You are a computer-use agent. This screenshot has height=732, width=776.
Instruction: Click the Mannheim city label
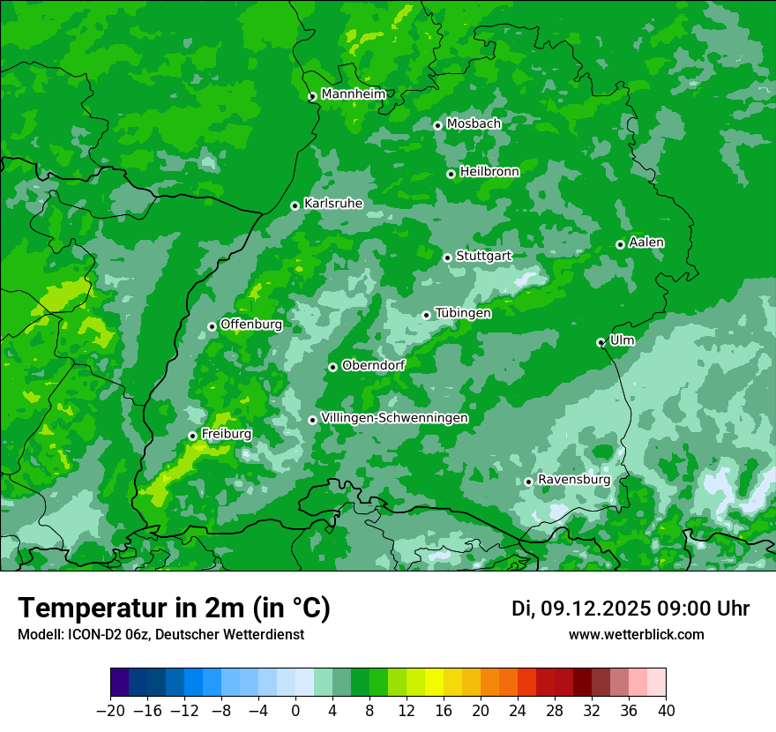(x=353, y=94)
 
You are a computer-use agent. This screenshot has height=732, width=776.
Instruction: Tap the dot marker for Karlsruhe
(x=295, y=206)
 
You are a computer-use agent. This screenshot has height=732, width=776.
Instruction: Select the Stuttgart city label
(x=483, y=256)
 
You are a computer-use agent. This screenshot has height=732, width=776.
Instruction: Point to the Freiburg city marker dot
(x=192, y=437)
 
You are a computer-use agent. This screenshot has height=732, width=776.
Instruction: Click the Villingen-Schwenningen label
(x=394, y=418)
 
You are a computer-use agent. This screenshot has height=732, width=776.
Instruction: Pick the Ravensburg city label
(x=573, y=480)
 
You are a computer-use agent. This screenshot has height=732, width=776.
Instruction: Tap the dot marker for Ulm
(x=601, y=342)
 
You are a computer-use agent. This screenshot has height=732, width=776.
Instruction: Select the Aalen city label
(x=646, y=243)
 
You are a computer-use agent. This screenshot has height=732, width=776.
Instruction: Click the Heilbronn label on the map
(x=489, y=172)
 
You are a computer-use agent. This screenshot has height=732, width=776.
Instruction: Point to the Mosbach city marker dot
(x=438, y=125)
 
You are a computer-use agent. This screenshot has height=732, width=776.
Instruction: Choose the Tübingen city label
(x=463, y=313)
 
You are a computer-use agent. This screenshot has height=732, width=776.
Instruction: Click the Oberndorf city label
(x=373, y=365)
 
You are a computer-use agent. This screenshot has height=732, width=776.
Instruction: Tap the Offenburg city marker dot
(x=213, y=326)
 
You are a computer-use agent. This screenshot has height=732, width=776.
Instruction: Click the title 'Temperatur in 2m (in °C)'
(x=175, y=609)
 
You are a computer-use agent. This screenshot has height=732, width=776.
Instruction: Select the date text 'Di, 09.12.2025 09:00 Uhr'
(x=630, y=609)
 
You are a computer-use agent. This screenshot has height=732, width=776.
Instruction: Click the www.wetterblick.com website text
(x=637, y=634)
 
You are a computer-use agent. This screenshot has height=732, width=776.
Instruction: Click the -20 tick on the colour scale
(x=110, y=711)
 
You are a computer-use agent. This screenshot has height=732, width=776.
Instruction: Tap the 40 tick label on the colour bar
(x=666, y=711)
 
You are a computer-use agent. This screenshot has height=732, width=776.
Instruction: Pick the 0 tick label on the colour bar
(x=295, y=711)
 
